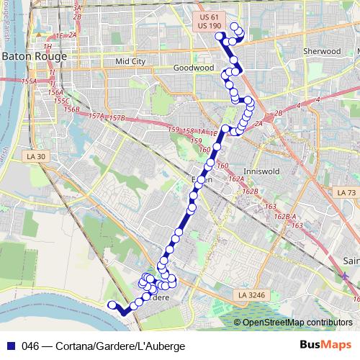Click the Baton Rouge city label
click(x=34, y=55)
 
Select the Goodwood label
click(x=194, y=68)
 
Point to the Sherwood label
click(x=321, y=52)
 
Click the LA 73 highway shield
click(x=346, y=193)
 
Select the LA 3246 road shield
click(x=249, y=295)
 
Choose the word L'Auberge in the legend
click(x=161, y=346)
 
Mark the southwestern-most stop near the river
click(x=112, y=305)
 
